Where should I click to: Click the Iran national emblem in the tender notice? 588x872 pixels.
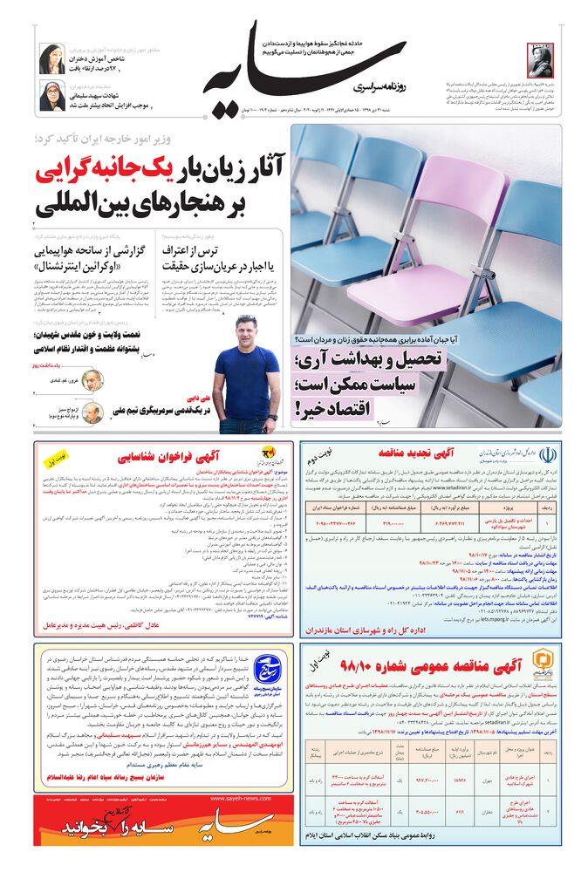point(547,456)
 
